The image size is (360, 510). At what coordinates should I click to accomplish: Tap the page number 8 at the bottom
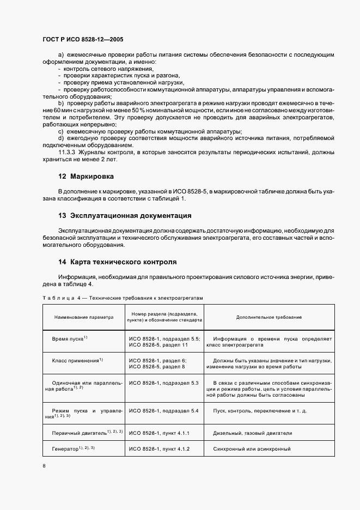click(x=44, y=466)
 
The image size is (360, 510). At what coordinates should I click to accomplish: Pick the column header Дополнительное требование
click(x=269, y=317)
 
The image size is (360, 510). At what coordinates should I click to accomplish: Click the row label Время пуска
click(x=69, y=339)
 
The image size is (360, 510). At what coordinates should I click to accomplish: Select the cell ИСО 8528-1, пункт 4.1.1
click(x=158, y=433)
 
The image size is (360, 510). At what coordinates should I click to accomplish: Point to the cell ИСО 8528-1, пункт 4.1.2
click(x=158, y=449)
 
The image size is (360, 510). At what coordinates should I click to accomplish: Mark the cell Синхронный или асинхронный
click(x=252, y=449)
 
